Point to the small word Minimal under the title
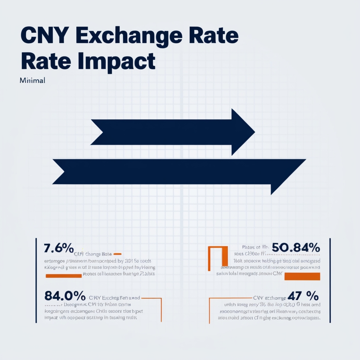[x=33, y=80]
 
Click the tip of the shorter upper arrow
[x=254, y=132]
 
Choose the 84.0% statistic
[x=65, y=295]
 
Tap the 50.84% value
[x=296, y=248]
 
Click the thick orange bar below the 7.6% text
[x=64, y=276]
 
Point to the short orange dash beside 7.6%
[x=117, y=253]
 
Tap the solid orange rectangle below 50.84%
[x=302, y=276]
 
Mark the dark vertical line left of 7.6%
[x=36, y=280]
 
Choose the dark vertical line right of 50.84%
[x=330, y=280]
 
